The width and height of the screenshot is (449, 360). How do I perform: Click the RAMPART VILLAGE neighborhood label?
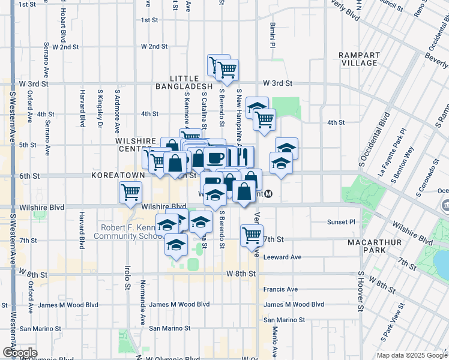click(x=358, y=59)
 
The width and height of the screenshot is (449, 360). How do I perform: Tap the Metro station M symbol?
click(x=270, y=194)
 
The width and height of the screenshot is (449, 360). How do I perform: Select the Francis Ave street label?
click(x=280, y=289)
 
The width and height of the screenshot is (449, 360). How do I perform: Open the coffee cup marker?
click(x=214, y=158)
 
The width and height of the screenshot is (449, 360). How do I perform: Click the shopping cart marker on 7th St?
click(x=252, y=235)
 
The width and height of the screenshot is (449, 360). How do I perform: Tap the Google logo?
click(x=19, y=353)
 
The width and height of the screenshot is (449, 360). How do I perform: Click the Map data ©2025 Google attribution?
click(x=411, y=355)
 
